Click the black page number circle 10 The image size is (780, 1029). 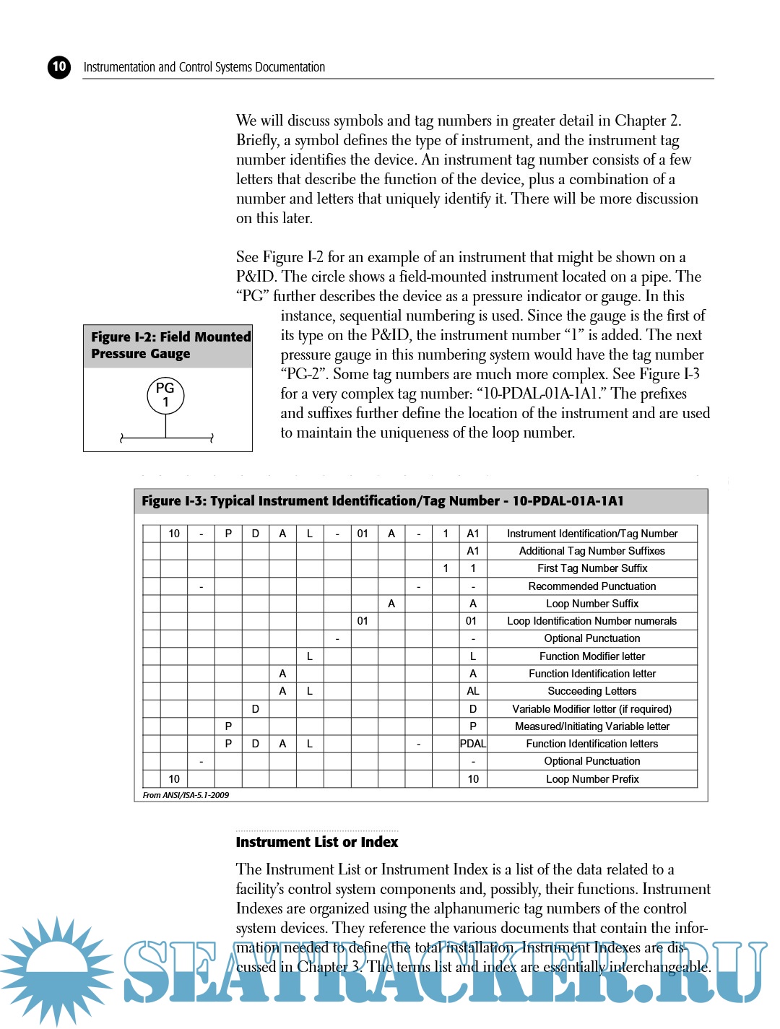pyautogui.click(x=59, y=67)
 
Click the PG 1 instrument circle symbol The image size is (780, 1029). pyautogui.click(x=165, y=395)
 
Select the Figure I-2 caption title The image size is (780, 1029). pyautogui.click(x=170, y=345)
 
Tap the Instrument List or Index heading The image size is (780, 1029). pyautogui.click(x=316, y=842)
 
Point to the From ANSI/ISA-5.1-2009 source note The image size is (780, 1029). pyautogui.click(x=186, y=795)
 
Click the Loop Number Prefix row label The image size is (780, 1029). pyautogui.click(x=592, y=779)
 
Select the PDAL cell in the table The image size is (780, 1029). pyautogui.click(x=473, y=744)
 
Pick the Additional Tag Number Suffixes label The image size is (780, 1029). pyautogui.click(x=592, y=551)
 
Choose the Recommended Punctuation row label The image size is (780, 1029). pyautogui.click(x=592, y=586)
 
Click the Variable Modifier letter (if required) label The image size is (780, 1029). pyautogui.click(x=592, y=709)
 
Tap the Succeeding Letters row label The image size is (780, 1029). pyautogui.click(x=592, y=691)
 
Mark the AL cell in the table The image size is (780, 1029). pyautogui.click(x=473, y=691)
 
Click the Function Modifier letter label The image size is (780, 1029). pyautogui.click(x=592, y=656)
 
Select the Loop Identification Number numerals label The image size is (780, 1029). pyautogui.click(x=592, y=621)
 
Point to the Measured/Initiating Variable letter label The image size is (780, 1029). pyautogui.click(x=592, y=726)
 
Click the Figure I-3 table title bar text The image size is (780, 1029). pyautogui.click(x=383, y=501)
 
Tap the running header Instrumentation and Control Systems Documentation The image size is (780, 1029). pyautogui.click(x=204, y=67)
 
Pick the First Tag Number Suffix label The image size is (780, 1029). pyautogui.click(x=592, y=568)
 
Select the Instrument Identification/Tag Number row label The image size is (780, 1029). pyautogui.click(x=592, y=534)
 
